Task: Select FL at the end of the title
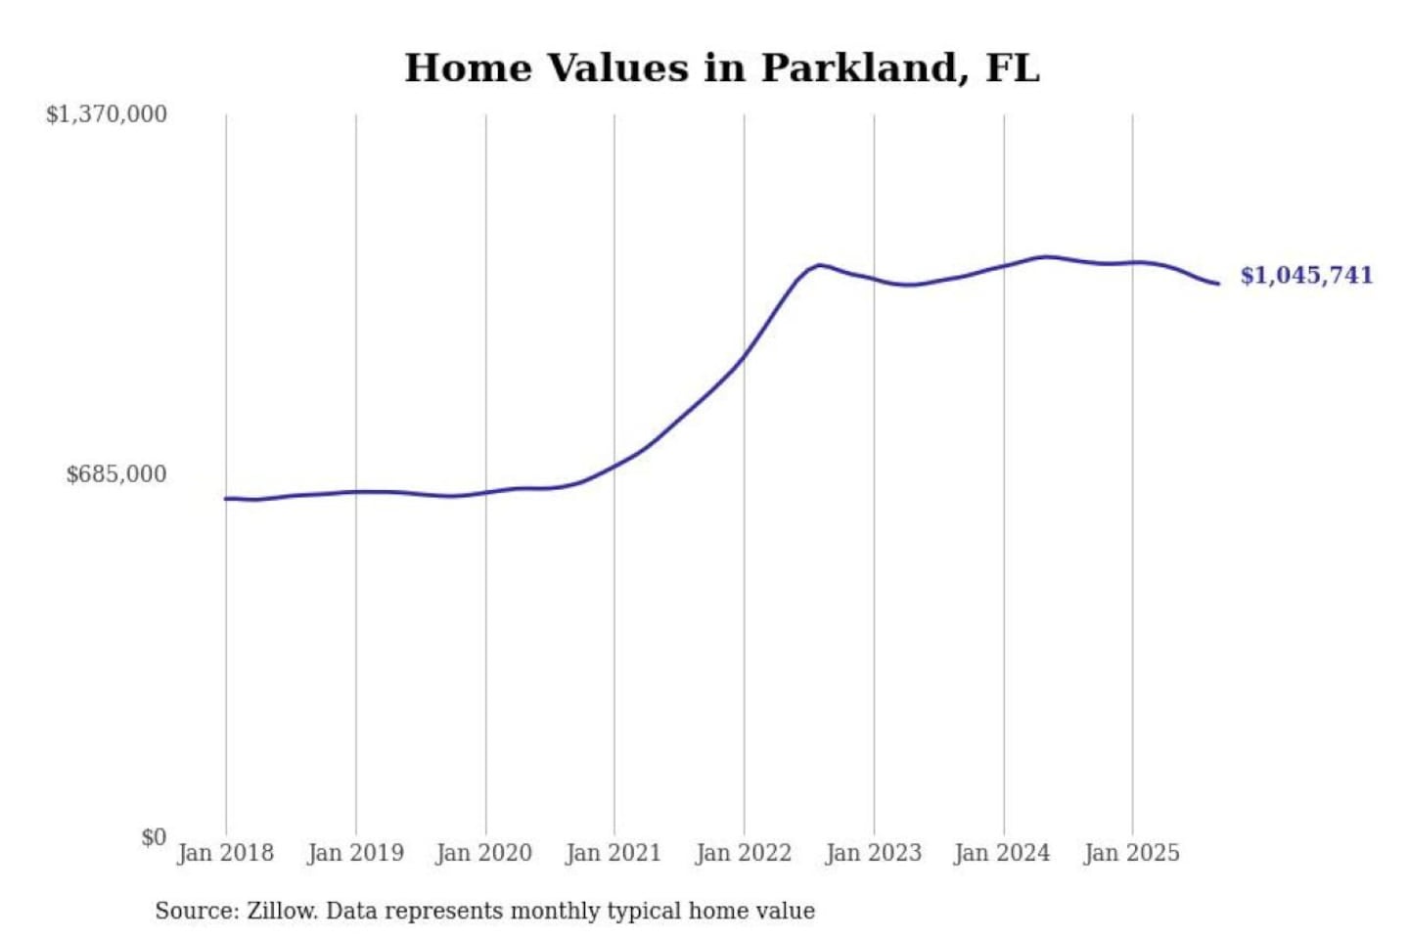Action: click(1012, 68)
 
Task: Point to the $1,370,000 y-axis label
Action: click(107, 114)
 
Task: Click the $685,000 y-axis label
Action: click(116, 474)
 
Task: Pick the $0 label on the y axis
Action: click(154, 837)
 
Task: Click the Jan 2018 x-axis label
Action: click(226, 853)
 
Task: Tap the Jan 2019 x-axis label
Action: click(355, 853)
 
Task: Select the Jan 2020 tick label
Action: click(484, 853)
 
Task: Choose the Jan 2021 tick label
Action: click(614, 853)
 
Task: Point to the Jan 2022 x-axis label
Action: click(744, 853)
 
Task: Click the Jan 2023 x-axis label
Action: click(874, 853)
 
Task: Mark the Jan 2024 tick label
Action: click(1003, 853)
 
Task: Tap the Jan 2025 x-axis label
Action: click(1132, 853)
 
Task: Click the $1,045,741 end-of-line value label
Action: click(1306, 276)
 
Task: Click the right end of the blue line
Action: click(1218, 284)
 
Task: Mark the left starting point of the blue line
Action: click(226, 499)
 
